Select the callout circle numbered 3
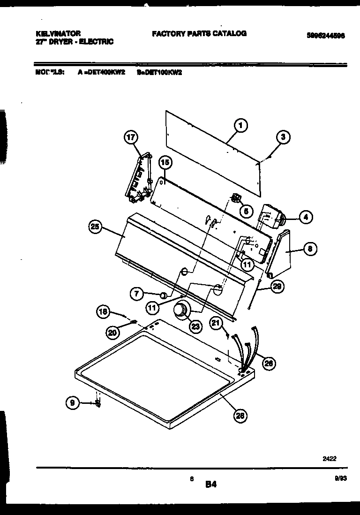tap(283, 137)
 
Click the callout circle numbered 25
tap(96, 227)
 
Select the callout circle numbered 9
tap(73, 403)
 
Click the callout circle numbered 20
tap(112, 332)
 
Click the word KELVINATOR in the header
tap(58, 34)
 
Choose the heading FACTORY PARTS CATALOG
tap(199, 34)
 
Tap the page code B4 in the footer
tap(210, 485)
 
